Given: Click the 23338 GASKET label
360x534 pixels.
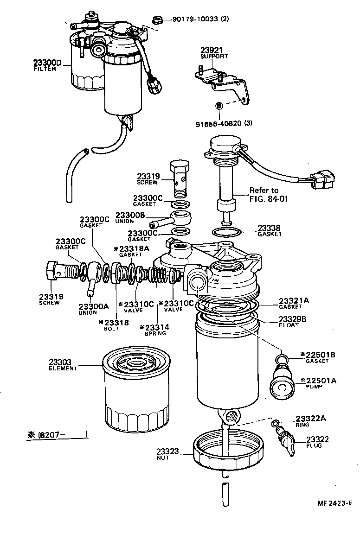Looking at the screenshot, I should [x=270, y=230].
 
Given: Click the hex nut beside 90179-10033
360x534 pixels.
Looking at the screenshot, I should [x=156, y=19].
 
